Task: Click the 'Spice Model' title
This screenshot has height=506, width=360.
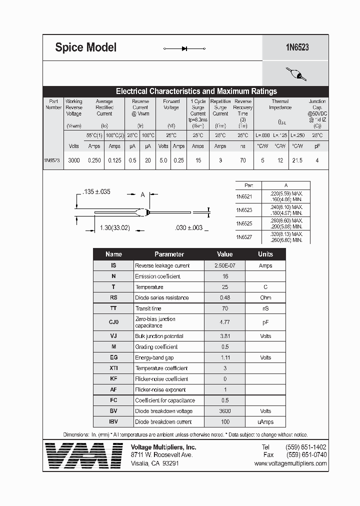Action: pyautogui.click(x=85, y=47)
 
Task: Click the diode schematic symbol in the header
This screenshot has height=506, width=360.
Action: pyautogui.click(x=184, y=48)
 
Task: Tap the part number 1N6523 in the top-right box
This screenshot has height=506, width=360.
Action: pyautogui.click(x=297, y=47)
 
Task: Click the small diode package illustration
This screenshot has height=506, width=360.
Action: pyautogui.click(x=296, y=74)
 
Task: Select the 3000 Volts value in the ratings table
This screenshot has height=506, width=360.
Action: pyautogui.click(x=73, y=160)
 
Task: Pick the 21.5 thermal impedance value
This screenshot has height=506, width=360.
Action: pyautogui.click(x=297, y=160)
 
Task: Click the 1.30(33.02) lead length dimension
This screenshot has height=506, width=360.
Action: pyautogui.click(x=114, y=228)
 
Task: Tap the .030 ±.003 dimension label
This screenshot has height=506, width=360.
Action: pyautogui.click(x=188, y=228)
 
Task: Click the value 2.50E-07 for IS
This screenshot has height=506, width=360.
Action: pyautogui.click(x=224, y=265)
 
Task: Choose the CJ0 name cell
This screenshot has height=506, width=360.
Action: pyautogui.click(x=113, y=322)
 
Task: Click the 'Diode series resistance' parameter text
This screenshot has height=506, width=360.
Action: pyautogui.click(x=161, y=297)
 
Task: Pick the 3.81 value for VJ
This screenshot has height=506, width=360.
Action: pyautogui.click(x=224, y=336)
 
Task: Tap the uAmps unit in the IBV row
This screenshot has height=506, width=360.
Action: pyautogui.click(x=265, y=422)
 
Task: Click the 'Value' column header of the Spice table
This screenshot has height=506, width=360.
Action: pyautogui.click(x=224, y=254)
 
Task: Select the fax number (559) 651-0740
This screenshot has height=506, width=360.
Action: pyautogui.click(x=306, y=455)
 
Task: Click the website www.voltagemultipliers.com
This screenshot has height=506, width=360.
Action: pyautogui.click(x=290, y=463)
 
